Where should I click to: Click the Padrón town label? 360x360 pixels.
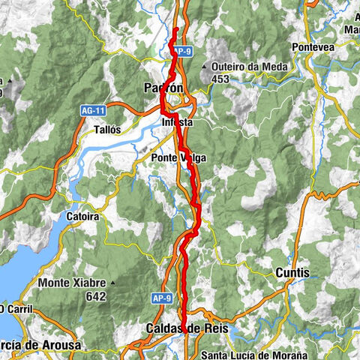(163, 88)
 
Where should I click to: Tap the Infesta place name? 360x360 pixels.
(177, 121)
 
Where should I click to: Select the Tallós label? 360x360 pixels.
(107, 130)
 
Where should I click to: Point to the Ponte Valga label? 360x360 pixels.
(178, 157)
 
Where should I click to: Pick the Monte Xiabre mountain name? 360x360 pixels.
(70, 283)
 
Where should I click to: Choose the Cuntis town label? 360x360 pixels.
(292, 273)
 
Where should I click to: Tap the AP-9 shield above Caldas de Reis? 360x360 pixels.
(166, 298)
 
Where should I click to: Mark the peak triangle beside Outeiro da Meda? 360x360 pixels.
(204, 67)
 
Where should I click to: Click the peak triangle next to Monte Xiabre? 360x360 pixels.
(112, 283)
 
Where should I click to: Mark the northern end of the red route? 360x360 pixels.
(175, 28)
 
